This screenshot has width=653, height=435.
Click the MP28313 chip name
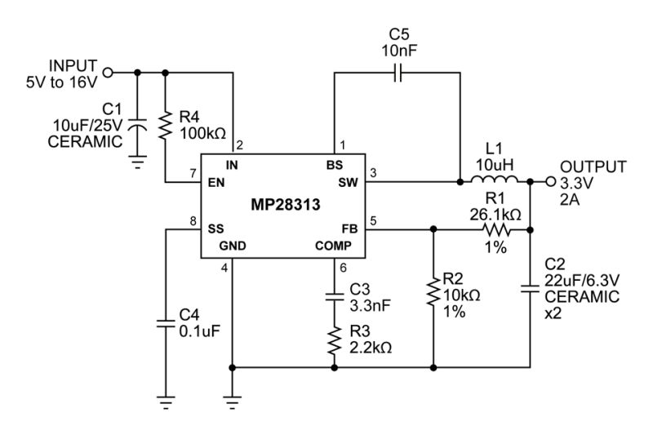(285, 204)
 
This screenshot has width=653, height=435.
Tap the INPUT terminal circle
(108, 73)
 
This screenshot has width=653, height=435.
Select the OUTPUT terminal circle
(550, 181)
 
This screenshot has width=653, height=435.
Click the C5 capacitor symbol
(398, 73)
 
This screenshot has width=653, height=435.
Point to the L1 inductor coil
(495, 179)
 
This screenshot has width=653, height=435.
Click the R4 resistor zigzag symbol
(166, 125)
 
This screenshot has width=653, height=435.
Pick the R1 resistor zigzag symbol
(496, 229)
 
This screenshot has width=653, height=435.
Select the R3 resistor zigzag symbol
(334, 340)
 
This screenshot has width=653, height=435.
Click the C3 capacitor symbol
(334, 296)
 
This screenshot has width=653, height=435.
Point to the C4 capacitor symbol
(166, 323)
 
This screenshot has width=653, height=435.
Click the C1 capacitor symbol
(137, 125)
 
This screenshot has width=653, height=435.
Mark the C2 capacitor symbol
(530, 288)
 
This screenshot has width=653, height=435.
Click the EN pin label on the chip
(216, 182)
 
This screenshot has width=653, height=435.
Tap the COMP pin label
(333, 246)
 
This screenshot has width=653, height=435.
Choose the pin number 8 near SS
(193, 221)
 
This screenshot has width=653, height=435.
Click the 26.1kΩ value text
(495, 215)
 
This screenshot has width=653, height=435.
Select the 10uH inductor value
(495, 165)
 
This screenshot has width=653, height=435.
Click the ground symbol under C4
(166, 402)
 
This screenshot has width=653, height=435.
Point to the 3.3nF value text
(370, 305)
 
